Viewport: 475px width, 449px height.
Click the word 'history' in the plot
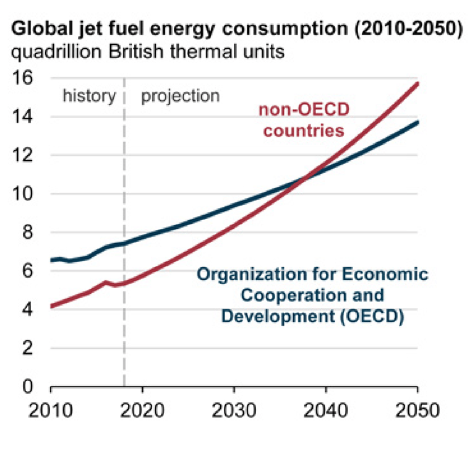pos(89,96)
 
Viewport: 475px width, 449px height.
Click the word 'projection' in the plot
pos(180,96)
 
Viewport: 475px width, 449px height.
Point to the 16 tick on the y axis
pos(24,78)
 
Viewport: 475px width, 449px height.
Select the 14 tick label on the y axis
pos(24,116)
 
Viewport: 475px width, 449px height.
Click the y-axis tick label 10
pos(24,194)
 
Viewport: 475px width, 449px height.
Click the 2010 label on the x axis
pos(51,410)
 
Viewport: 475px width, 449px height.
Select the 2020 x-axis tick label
pos(142,410)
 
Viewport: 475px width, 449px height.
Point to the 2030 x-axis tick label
pos(234,410)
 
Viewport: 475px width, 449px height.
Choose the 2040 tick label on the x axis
pos(325,410)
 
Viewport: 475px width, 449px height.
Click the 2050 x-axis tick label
pos(417,410)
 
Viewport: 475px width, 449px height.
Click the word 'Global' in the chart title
pos(38,28)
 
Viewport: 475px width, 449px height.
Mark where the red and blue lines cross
pos(305,178)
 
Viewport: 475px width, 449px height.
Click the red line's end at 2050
pos(417,83)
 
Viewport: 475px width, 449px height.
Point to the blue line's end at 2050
pos(417,122)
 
